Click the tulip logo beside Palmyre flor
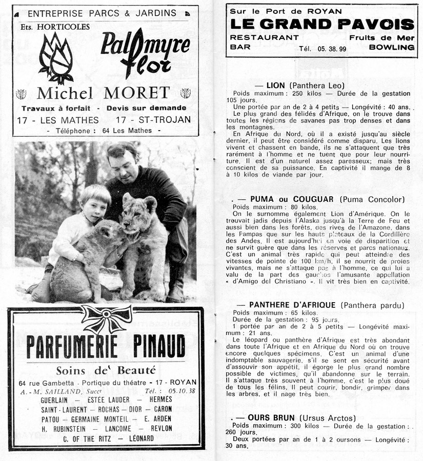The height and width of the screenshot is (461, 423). pos(56,57)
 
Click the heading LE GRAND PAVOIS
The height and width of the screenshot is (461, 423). pos(321,24)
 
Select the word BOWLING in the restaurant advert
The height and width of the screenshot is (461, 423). pos(391,47)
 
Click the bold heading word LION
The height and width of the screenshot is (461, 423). pos(276,85)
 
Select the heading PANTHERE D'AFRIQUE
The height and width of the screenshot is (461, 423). pos(292,305)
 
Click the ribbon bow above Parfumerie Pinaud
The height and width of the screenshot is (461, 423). pos(107,318)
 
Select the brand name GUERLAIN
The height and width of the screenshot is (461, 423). pos(58,400)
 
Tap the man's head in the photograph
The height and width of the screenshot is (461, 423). pos(123,160)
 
